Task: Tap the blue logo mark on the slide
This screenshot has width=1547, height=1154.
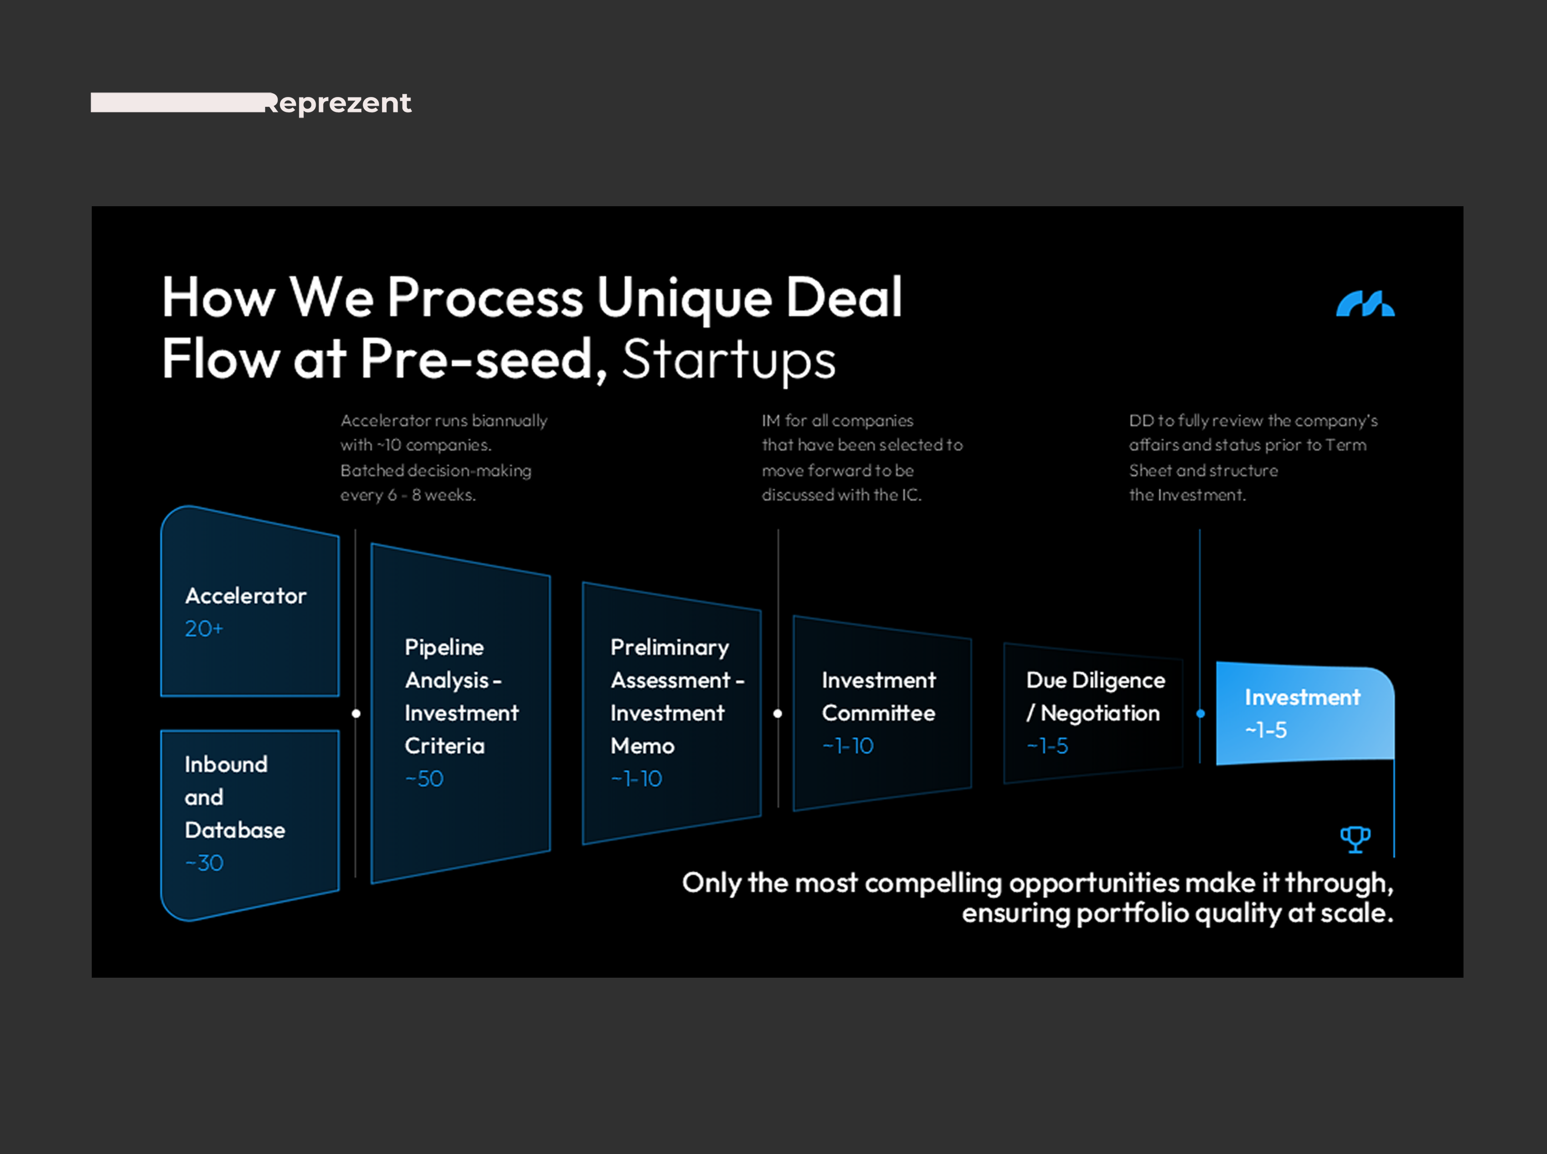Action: pyautogui.click(x=1365, y=304)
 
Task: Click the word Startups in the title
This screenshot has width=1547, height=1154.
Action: pyautogui.click(x=729, y=360)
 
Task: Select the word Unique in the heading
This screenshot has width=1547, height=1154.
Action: pyautogui.click(x=684, y=298)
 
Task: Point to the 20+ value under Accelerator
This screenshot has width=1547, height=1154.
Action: pyautogui.click(x=203, y=629)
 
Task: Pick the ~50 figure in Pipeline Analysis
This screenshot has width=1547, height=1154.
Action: pyautogui.click(x=424, y=779)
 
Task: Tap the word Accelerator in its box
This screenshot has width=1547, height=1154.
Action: pyautogui.click(x=245, y=596)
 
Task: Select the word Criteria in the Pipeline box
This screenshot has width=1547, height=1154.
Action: pyautogui.click(x=444, y=746)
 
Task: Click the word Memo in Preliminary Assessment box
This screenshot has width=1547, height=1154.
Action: pyautogui.click(x=642, y=746)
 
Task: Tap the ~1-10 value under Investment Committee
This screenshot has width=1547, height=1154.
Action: pyautogui.click(x=847, y=746)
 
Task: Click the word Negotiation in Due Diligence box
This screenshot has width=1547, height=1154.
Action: pyautogui.click(x=1099, y=713)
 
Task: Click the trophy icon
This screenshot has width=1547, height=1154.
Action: pyautogui.click(x=1355, y=839)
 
